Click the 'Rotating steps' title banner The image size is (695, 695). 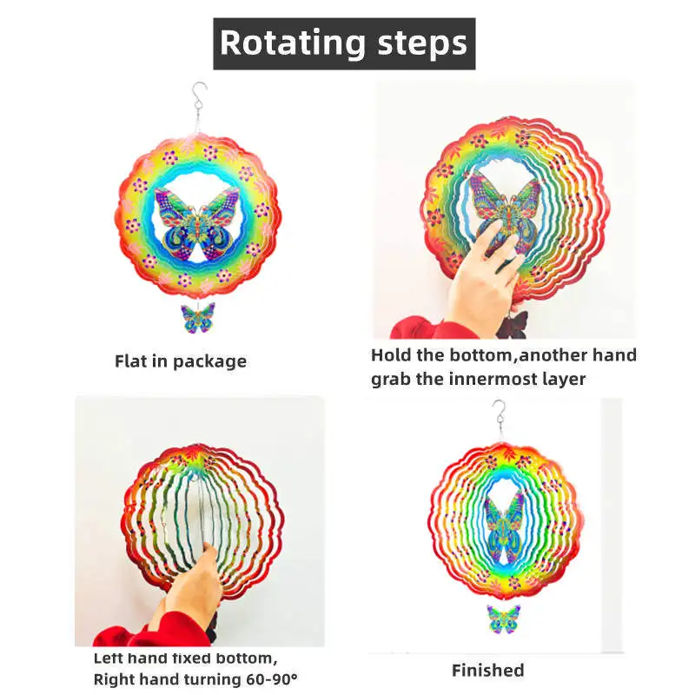click(344, 43)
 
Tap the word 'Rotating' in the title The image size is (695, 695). click(292, 43)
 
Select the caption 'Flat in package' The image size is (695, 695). click(181, 361)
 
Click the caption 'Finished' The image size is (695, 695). click(487, 670)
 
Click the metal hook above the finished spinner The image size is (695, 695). click(499, 414)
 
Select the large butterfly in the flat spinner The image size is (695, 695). click(197, 222)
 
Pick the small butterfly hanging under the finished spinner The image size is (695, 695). click(503, 619)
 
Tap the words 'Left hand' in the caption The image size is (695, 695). click(130, 659)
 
